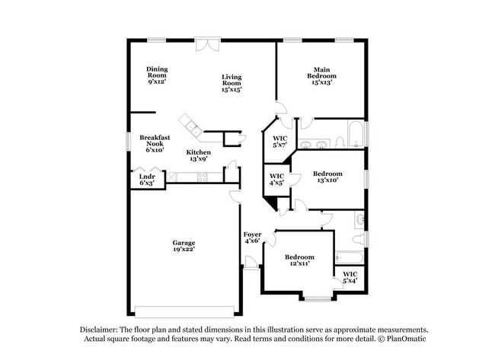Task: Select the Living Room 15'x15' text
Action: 232,83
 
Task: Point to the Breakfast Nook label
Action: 154,144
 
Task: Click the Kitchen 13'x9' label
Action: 199,156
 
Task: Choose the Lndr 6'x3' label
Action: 147,180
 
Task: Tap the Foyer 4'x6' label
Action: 252,237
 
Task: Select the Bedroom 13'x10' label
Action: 327,177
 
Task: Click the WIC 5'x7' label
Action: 279,142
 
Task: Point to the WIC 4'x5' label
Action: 276,180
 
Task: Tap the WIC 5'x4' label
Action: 350,278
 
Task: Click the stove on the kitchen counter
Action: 203,177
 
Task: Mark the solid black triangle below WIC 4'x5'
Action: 270,204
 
